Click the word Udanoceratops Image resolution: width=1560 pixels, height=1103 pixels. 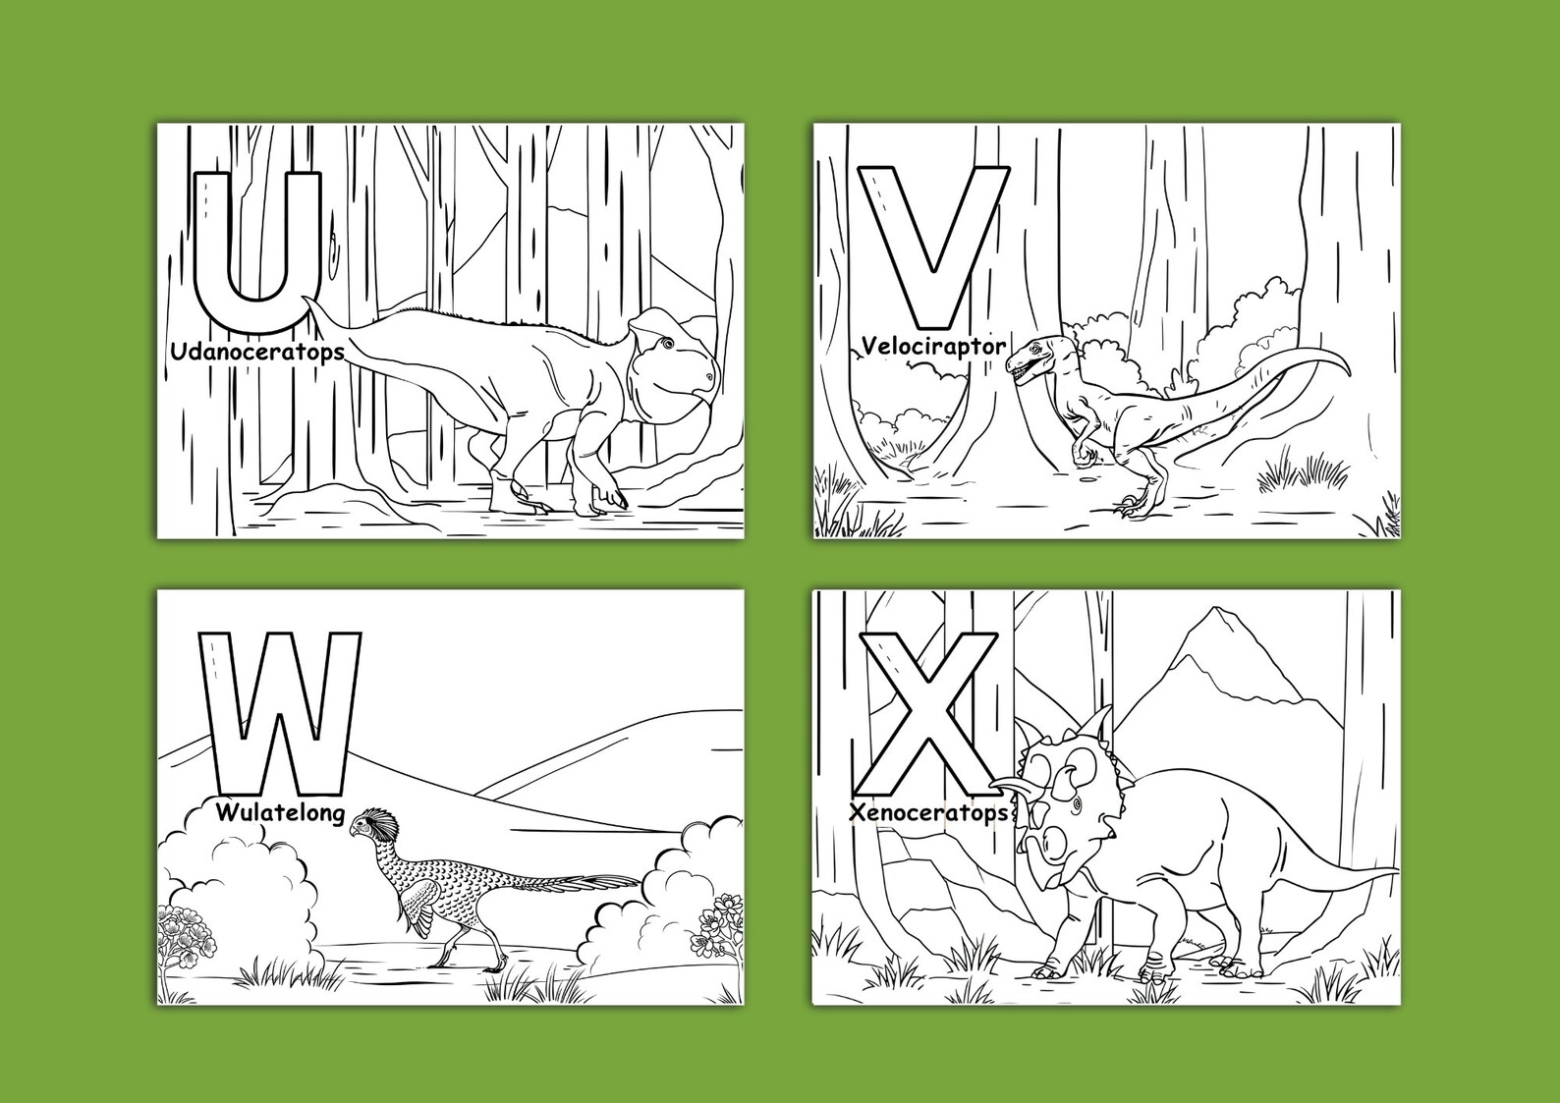point(256,352)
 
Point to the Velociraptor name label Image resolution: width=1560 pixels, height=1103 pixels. point(932,347)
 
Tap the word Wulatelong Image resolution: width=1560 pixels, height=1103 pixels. point(280,813)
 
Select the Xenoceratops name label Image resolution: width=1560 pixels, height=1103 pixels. point(928,813)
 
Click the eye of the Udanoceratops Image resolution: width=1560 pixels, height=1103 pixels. point(667,344)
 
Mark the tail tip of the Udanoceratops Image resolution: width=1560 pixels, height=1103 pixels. point(308,299)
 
